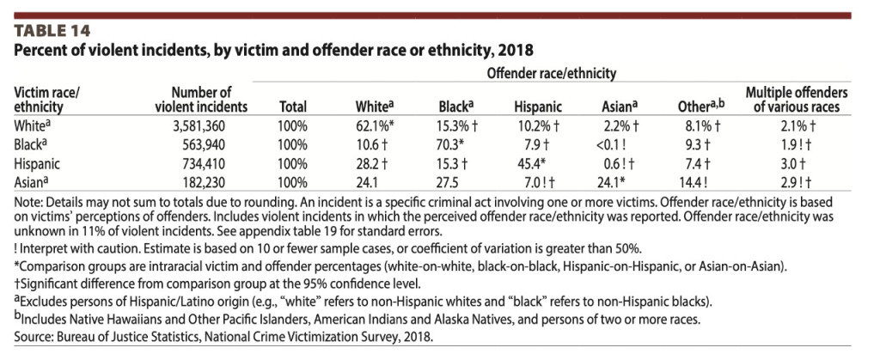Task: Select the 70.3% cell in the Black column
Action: pyautogui.click(x=450, y=141)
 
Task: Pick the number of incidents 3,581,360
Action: pyautogui.click(x=211, y=125)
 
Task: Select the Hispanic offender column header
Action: pyautogui.click(x=538, y=107)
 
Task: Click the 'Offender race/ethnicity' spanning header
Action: pyautogui.click(x=551, y=75)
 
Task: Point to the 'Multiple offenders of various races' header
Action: pyautogui.click(x=796, y=100)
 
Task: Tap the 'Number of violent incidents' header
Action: pyautogui.click(x=201, y=100)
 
